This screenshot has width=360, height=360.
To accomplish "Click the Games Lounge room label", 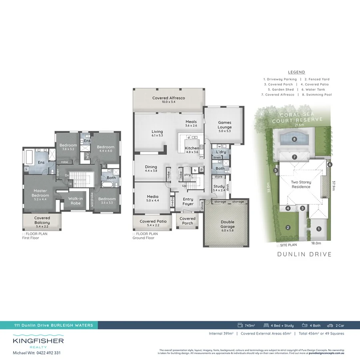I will [224, 125].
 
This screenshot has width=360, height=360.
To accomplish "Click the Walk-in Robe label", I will [75, 200].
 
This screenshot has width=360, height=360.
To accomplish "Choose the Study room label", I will [219, 188].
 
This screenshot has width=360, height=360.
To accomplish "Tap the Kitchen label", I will [192, 150].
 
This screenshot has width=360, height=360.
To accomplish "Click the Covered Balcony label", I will [42, 220].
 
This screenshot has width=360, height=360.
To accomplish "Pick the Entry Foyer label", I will [188, 202].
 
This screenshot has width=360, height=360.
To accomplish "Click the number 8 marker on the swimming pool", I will [295, 140].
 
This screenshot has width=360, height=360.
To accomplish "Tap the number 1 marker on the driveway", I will [319, 229].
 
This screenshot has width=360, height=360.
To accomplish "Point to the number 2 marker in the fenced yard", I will [288, 228].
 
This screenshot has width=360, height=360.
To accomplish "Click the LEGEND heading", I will [296, 72].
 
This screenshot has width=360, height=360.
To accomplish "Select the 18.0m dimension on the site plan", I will [316, 243].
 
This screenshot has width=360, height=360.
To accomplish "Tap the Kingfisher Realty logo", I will [38, 343].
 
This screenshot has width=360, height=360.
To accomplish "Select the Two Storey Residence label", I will [301, 184].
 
